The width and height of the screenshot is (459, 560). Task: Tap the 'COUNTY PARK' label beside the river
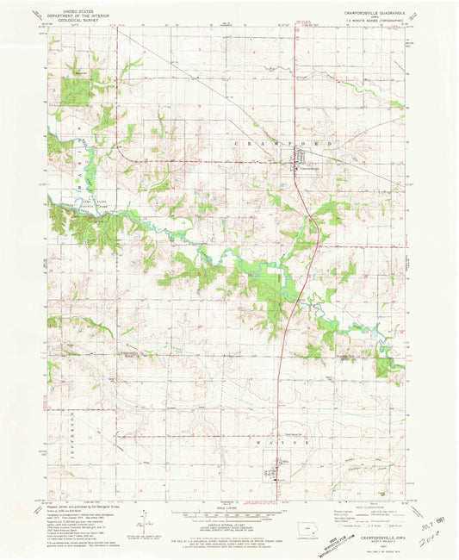71,200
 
